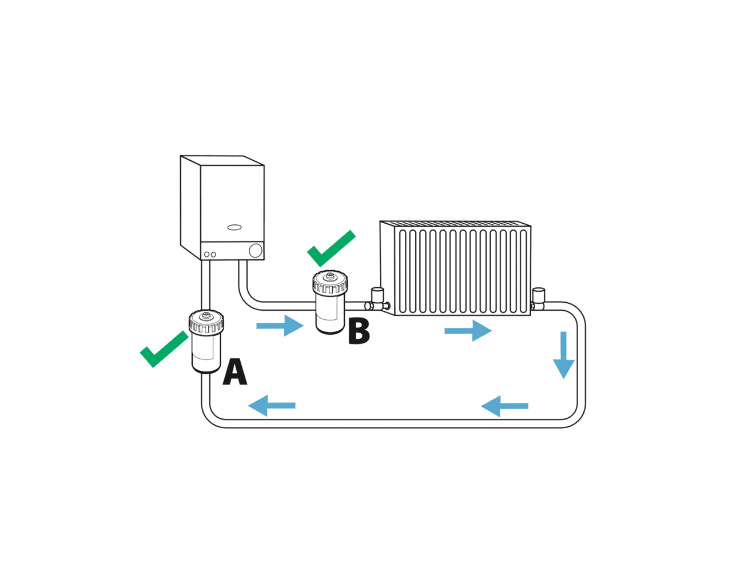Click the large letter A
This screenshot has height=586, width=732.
[235, 371]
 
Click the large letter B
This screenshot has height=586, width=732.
[359, 331]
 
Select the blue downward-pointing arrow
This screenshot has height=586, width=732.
[564, 355]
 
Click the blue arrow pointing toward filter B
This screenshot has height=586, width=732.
[280, 326]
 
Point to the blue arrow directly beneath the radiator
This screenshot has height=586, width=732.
[468, 331]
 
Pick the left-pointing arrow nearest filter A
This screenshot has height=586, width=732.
[272, 406]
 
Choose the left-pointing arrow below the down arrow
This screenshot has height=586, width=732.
[504, 406]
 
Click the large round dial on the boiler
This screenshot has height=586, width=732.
[256, 251]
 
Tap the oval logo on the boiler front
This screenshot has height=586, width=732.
[234, 227]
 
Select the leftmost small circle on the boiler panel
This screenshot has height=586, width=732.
[206, 254]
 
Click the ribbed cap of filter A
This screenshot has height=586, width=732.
[206, 322]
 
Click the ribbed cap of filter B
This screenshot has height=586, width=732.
[330, 282]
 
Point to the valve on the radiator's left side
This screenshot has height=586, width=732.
[377, 299]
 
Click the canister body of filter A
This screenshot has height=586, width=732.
[206, 353]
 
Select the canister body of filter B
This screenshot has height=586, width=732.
[330, 313]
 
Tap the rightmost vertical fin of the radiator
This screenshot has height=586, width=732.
[523, 271]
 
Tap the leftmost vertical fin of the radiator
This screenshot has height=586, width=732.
[403, 271]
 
